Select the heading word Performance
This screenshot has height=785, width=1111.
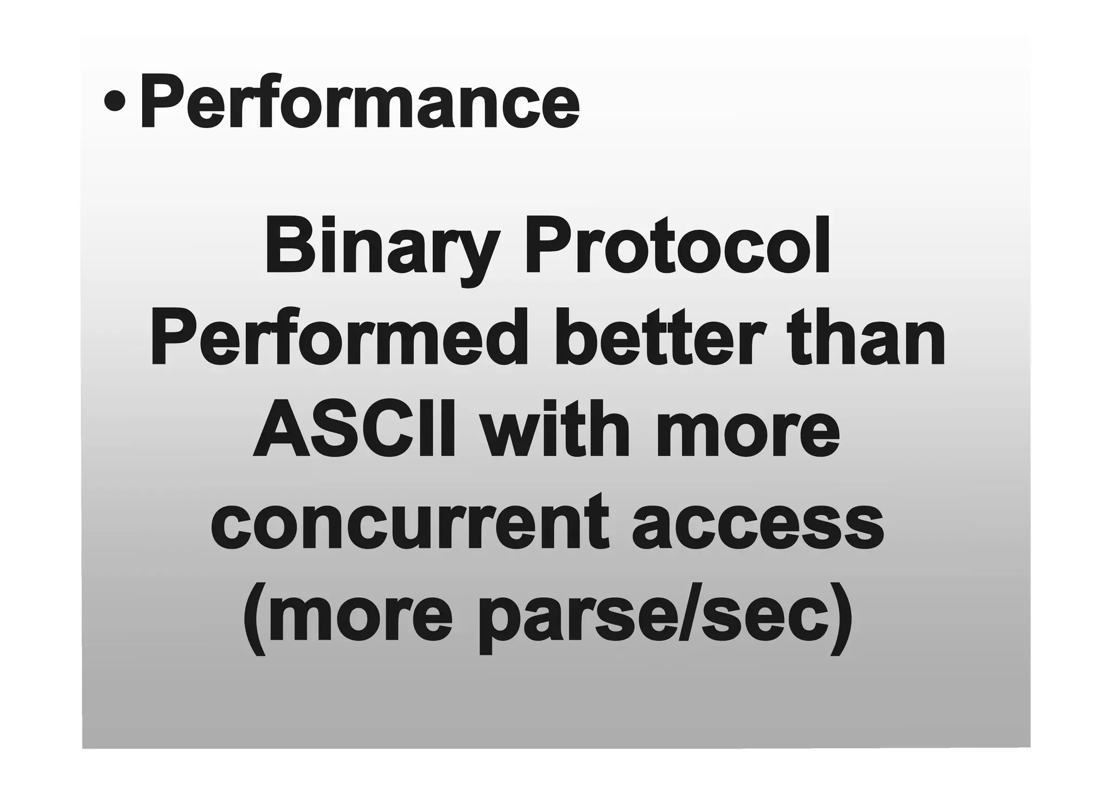click(360, 102)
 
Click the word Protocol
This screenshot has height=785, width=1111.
click(676, 246)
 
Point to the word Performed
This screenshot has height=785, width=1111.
click(339, 339)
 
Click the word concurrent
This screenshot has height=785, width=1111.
click(411, 524)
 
